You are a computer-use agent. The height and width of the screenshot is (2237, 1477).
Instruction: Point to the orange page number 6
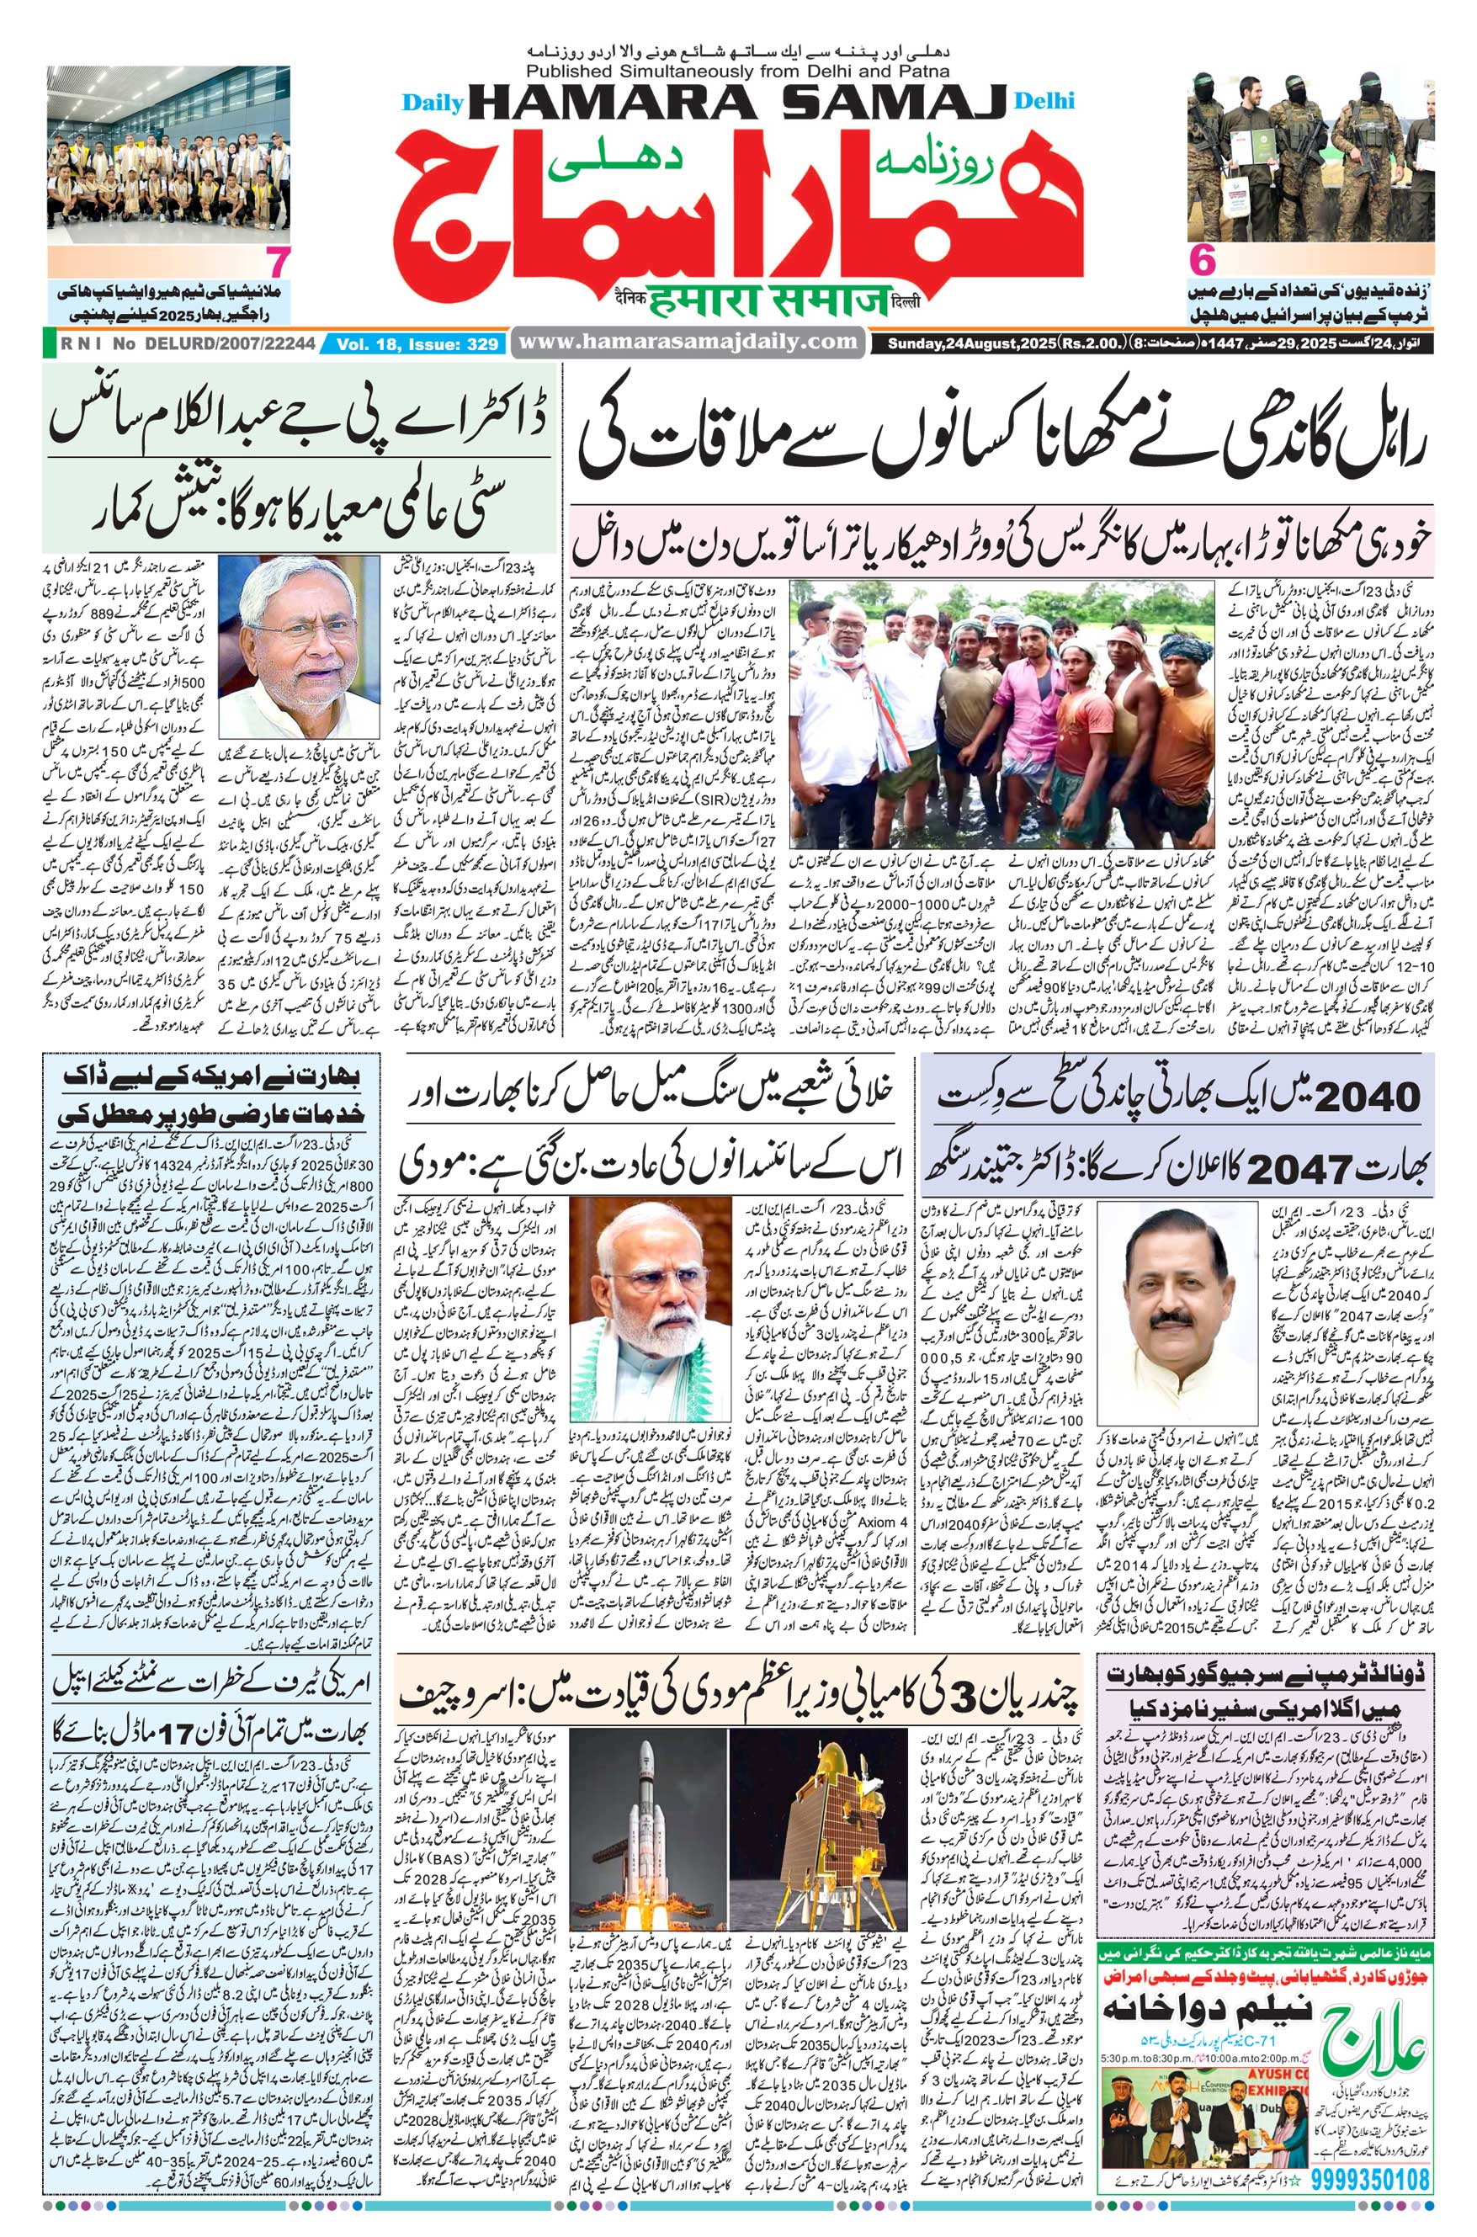click(1200, 261)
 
